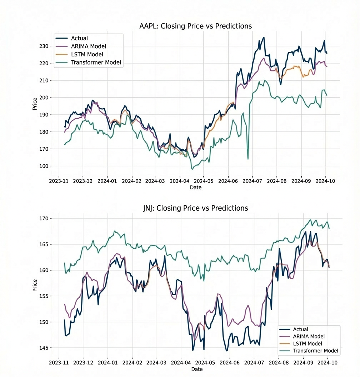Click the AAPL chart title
195,26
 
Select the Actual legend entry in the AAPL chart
79,38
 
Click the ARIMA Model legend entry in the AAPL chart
88,46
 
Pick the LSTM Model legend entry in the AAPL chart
87,54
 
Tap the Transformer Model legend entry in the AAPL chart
96,62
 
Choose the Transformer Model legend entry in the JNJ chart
315,351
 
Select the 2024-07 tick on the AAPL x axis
252,181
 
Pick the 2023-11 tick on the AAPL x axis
59,181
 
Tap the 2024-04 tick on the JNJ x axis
180,362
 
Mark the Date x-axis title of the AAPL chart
195,187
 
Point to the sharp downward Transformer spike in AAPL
247,158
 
